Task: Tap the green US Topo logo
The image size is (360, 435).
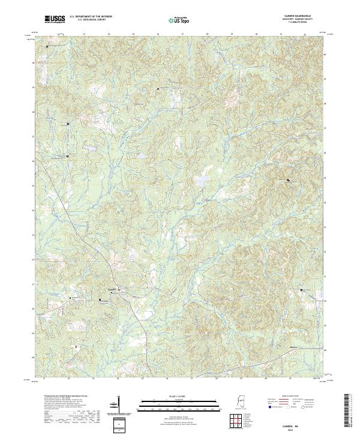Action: (x=173, y=20)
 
